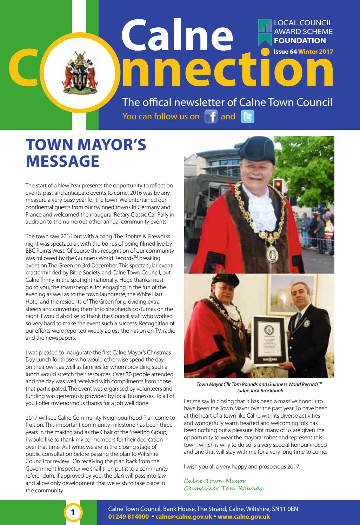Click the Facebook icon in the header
pos(210,117)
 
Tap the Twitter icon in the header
pos(247,117)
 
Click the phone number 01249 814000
pos(128,517)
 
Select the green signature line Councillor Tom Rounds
pos(224,488)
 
